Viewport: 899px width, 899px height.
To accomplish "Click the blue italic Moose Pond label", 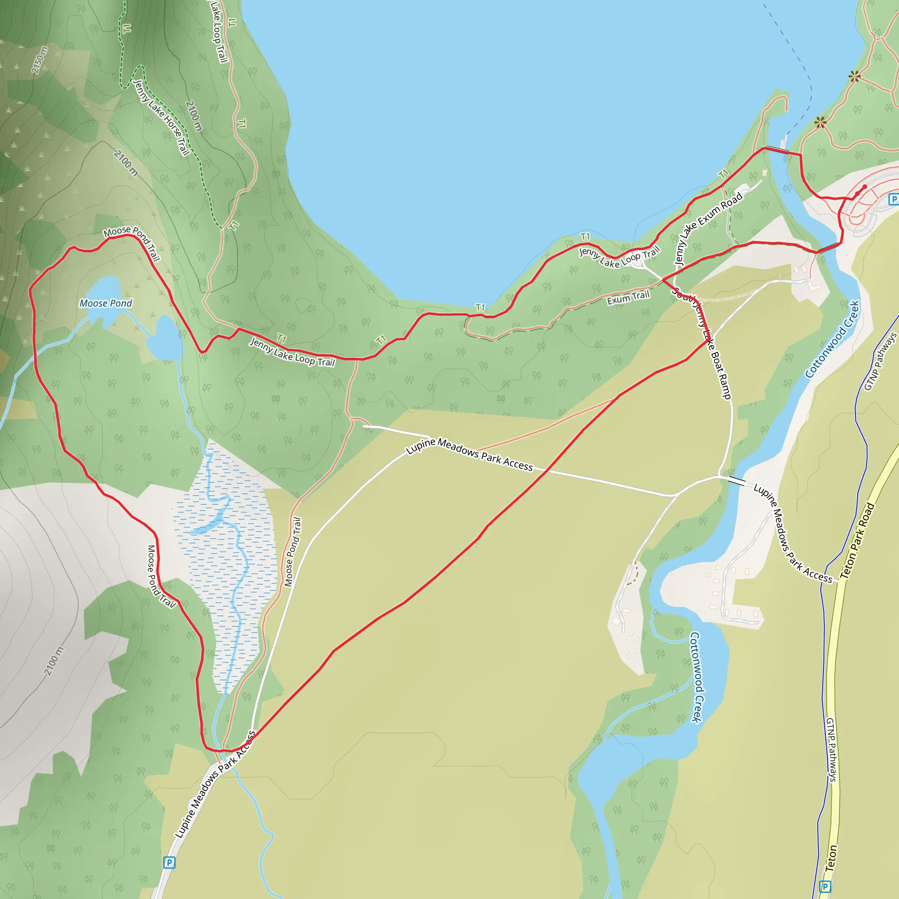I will pyautogui.click(x=106, y=303).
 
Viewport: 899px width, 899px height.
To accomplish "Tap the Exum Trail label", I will pyautogui.click(x=628, y=298).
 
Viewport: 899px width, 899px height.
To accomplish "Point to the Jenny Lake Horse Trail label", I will pyautogui.click(x=161, y=117).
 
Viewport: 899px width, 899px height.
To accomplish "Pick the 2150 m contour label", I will pyautogui.click(x=40, y=60).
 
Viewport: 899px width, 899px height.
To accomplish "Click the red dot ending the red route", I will pyautogui.click(x=865, y=187).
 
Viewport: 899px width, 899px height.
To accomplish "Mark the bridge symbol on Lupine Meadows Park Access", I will pyautogui.click(x=736, y=481).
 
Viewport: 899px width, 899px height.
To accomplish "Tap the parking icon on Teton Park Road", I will pyautogui.click(x=825, y=886).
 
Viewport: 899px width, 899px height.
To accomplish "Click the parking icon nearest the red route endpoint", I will pyautogui.click(x=893, y=199).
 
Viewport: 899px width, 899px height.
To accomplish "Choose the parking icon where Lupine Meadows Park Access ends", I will pyautogui.click(x=169, y=863).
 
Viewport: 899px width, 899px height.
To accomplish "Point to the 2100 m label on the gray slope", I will pyautogui.click(x=54, y=661).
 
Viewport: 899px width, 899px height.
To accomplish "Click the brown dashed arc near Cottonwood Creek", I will pyautogui.click(x=633, y=575).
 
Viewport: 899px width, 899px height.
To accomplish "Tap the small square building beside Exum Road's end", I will pyautogui.click(x=765, y=173).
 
